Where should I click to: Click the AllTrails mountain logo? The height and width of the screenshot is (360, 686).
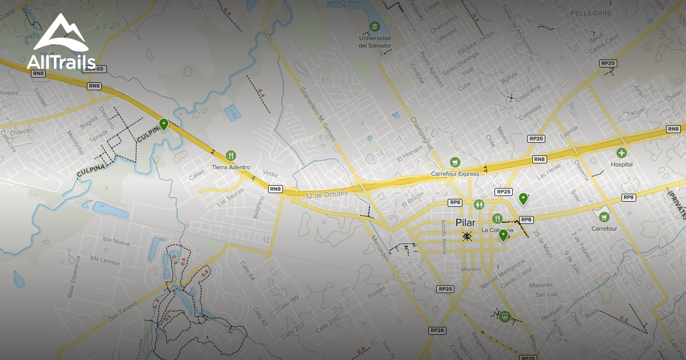(60, 34)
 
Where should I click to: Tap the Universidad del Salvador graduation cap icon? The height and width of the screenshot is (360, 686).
(374, 26)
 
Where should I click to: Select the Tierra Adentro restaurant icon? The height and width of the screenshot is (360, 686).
(231, 155)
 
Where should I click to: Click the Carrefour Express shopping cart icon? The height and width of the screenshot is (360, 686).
(455, 162)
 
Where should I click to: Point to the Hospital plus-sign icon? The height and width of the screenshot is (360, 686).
(621, 153)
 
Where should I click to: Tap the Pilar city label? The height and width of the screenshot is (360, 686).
(466, 222)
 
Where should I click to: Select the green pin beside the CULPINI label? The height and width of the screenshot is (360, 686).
(164, 124)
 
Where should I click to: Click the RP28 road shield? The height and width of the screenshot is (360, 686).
(437, 330)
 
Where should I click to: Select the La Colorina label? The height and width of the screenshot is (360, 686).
(497, 230)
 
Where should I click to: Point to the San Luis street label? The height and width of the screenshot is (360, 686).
(546, 294)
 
